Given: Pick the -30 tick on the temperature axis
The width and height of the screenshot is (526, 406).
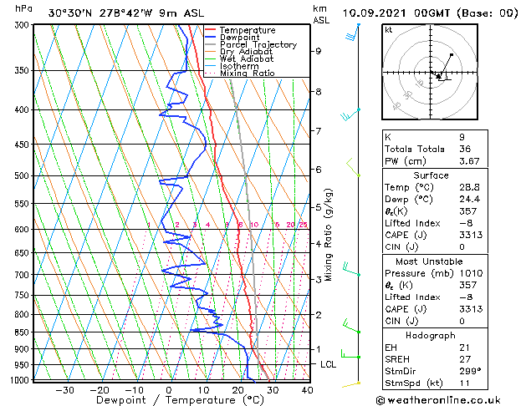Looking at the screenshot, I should [x=64, y=390].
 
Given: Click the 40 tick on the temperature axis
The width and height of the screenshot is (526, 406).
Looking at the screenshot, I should [x=307, y=390].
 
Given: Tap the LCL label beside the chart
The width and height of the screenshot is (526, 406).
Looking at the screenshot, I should [x=329, y=365].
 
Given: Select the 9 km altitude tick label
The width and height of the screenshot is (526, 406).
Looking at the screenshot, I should [x=319, y=51].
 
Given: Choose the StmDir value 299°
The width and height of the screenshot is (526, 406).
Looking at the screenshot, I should [x=469, y=371].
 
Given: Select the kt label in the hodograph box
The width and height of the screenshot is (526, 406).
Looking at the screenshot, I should [x=388, y=29].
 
